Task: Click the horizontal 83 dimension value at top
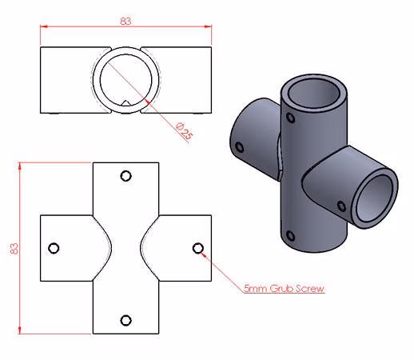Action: (125, 21)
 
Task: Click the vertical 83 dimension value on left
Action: (14, 248)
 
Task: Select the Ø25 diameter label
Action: (184, 131)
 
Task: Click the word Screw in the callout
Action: (310, 289)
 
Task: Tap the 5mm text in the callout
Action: (256, 289)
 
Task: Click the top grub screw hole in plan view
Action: (125, 176)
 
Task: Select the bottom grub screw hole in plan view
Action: (125, 320)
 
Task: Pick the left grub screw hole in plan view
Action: (54, 248)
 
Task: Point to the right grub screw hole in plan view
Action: (198, 248)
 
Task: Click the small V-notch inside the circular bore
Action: (125, 103)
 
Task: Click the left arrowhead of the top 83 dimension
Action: (44, 26)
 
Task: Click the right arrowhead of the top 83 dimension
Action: (208, 26)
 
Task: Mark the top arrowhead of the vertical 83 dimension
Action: (19, 166)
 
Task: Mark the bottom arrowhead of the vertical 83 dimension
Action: (19, 330)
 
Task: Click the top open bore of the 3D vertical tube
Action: (314, 93)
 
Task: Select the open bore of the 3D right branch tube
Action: (375, 198)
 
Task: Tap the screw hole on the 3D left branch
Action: (240, 147)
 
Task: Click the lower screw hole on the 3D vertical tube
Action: (290, 236)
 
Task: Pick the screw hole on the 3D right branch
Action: (341, 206)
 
